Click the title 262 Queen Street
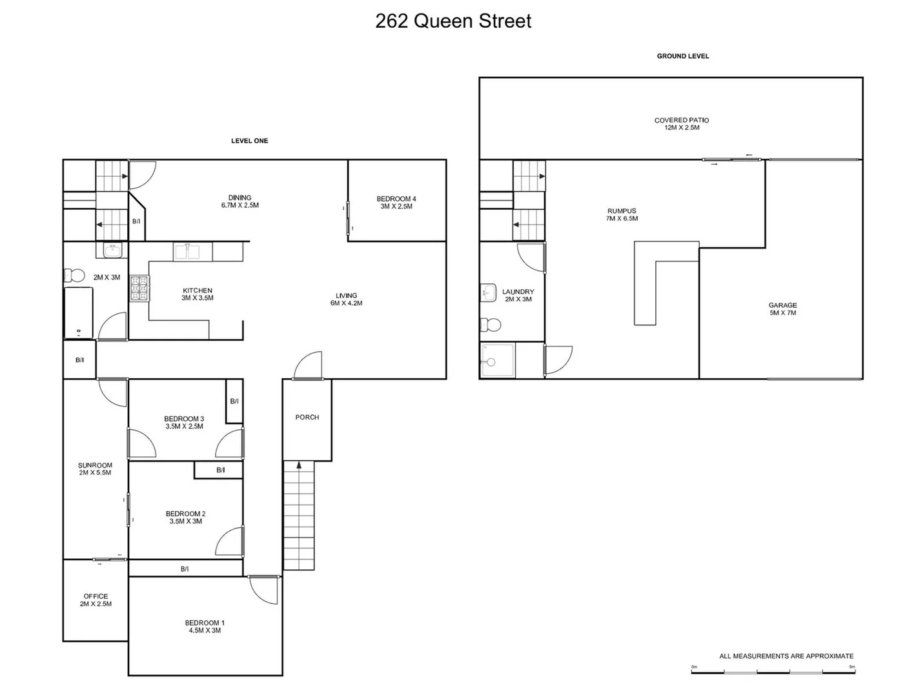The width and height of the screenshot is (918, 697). pos(453,21)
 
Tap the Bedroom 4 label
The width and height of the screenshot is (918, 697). pos(396,199)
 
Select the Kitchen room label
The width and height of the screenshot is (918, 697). pos(198,290)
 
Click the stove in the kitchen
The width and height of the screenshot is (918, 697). pos(139,288)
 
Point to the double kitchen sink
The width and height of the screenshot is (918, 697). pos(187,252)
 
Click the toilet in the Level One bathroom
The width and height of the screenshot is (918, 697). pos(75,276)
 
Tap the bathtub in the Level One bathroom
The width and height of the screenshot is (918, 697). pos(78,313)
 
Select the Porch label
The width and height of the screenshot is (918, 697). pos(307,418)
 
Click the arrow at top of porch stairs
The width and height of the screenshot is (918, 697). pos(299,465)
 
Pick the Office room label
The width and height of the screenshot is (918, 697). pos(96,596)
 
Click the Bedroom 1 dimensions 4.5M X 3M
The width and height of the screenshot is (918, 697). pos(205,631)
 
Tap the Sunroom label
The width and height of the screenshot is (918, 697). pos(95,465)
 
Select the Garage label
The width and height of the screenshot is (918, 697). pos(782,305)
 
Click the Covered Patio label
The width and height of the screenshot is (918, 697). pos(682,120)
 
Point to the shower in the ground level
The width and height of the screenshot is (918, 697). pos(498,360)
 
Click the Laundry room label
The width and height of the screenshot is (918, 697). pos(518,292)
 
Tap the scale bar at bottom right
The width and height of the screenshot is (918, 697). pos(773,672)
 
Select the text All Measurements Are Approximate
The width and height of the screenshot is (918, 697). pos(786,656)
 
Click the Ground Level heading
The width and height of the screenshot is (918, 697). pos(683,56)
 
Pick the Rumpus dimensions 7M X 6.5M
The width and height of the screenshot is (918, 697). pos(622,219)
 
